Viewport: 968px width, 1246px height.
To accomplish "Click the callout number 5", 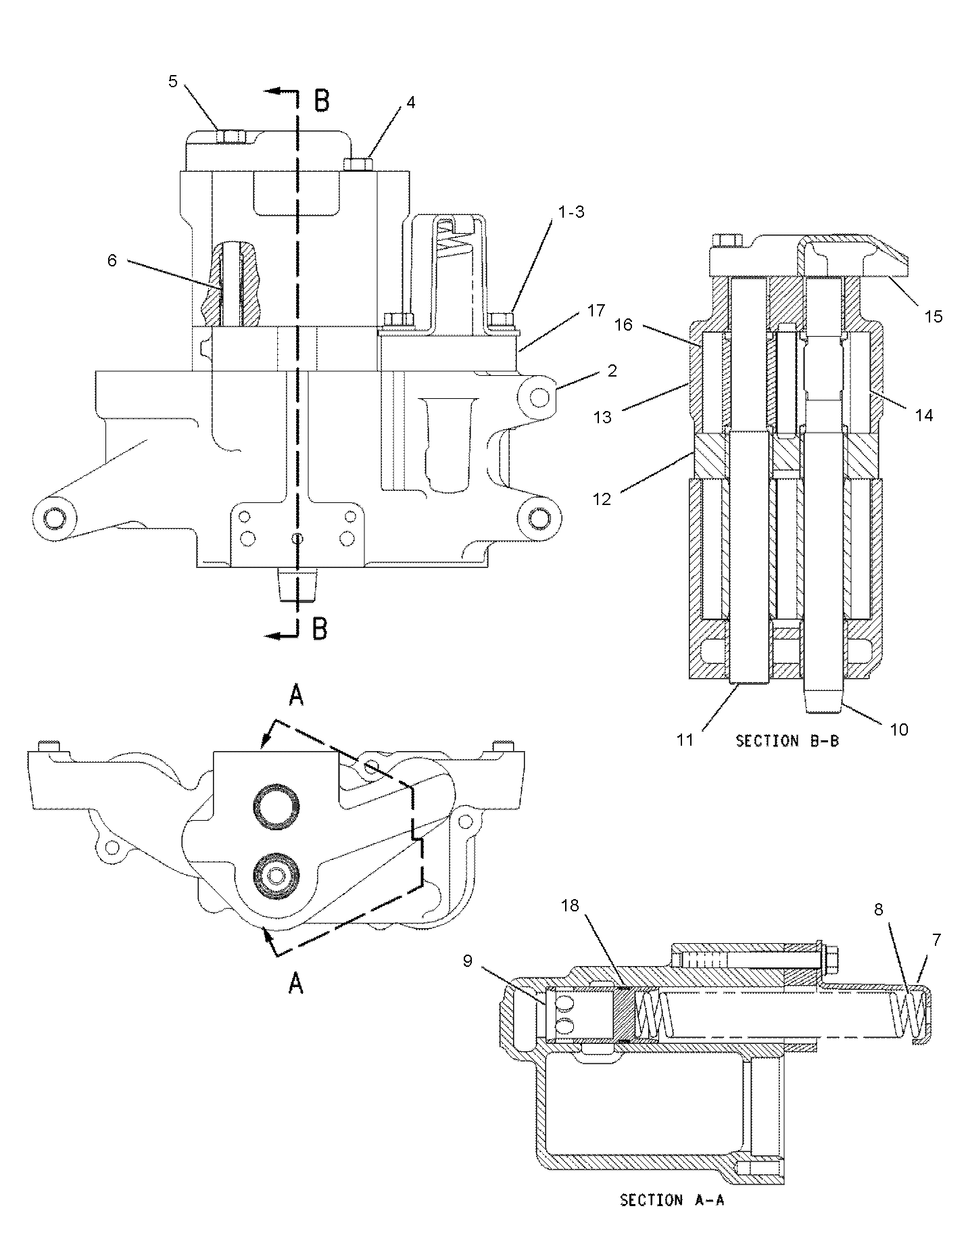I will (x=172, y=82).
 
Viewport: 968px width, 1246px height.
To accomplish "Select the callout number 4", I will (x=410, y=102).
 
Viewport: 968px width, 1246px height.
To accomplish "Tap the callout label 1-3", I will (x=571, y=212).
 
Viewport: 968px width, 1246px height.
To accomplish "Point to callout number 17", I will (x=596, y=312).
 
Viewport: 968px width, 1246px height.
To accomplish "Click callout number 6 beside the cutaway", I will (x=112, y=260).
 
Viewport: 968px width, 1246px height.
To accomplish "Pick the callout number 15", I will (x=933, y=316).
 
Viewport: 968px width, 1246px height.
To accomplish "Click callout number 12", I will (x=601, y=499).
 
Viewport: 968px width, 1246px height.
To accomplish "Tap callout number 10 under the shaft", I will (x=899, y=729).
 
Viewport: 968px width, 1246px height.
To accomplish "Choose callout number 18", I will (x=570, y=905).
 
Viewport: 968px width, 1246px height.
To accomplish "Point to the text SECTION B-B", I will (x=787, y=741).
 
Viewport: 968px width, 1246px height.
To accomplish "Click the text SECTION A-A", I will (x=671, y=1201).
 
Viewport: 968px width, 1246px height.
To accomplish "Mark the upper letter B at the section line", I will (x=322, y=101).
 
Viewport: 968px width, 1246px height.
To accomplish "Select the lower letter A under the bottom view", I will (x=295, y=985).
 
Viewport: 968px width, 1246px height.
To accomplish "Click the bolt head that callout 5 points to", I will (x=231, y=137).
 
